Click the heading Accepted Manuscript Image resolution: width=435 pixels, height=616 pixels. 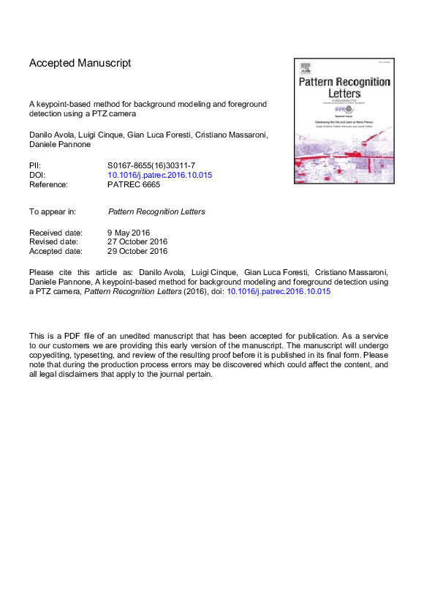click(x=80, y=63)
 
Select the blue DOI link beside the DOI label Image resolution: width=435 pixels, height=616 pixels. click(x=149, y=176)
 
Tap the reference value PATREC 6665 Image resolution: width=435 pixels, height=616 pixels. click(x=134, y=185)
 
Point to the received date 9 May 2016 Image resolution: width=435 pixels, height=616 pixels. click(x=129, y=233)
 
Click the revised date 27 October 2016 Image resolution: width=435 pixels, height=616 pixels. click(x=137, y=242)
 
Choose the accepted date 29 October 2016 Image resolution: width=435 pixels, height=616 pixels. click(x=137, y=252)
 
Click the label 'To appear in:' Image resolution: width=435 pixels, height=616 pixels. click(x=53, y=211)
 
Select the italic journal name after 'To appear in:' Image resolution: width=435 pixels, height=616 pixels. click(x=156, y=211)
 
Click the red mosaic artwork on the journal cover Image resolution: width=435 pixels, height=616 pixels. click(x=344, y=157)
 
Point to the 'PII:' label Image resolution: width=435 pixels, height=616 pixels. click(x=35, y=166)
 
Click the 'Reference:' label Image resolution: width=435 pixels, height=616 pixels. click(x=48, y=185)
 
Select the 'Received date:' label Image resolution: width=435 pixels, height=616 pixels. click(x=56, y=233)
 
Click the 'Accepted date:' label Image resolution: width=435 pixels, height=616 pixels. click(x=56, y=252)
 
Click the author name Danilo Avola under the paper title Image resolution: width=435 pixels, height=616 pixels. click(x=52, y=134)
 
